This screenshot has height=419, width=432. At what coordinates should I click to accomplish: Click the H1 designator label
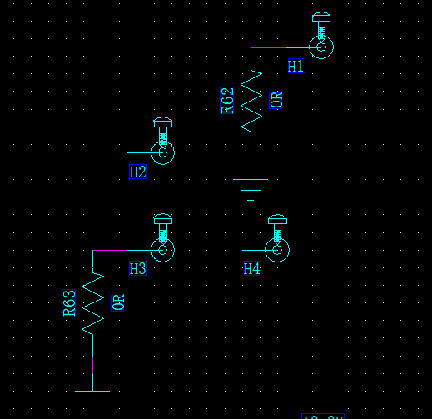tap(296, 66)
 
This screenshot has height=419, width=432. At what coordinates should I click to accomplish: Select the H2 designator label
tap(138, 172)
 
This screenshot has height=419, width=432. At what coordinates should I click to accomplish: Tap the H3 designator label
tap(138, 269)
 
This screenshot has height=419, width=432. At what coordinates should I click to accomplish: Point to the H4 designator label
tap(251, 269)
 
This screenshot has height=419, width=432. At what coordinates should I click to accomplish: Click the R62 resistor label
tap(228, 101)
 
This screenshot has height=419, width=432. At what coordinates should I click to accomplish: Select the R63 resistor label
tap(70, 302)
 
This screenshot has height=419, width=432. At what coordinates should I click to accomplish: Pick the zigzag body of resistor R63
tap(92, 302)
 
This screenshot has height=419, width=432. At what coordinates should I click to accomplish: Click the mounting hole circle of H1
tap(321, 47)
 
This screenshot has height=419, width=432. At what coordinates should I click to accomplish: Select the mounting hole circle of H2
tap(163, 153)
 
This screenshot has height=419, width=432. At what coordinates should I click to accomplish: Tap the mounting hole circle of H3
tap(163, 250)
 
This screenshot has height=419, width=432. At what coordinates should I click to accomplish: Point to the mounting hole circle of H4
tap(277, 250)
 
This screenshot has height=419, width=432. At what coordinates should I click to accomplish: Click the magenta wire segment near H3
tap(110, 250)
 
